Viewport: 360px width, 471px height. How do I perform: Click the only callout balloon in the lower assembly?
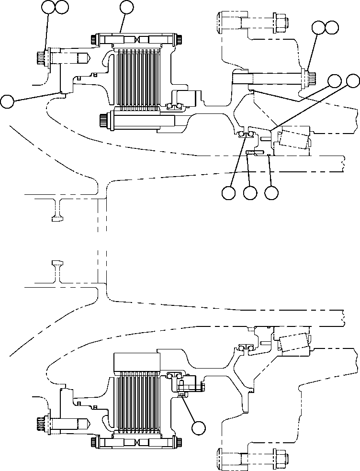[199, 427]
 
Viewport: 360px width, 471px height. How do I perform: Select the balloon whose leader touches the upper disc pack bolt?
[127, 7]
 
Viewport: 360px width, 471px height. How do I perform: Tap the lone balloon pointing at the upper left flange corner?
[7, 101]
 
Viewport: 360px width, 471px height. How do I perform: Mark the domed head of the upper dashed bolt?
[220, 22]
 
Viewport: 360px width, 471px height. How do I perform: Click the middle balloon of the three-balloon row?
[250, 193]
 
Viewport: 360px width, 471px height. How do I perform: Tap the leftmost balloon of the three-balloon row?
[229, 193]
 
